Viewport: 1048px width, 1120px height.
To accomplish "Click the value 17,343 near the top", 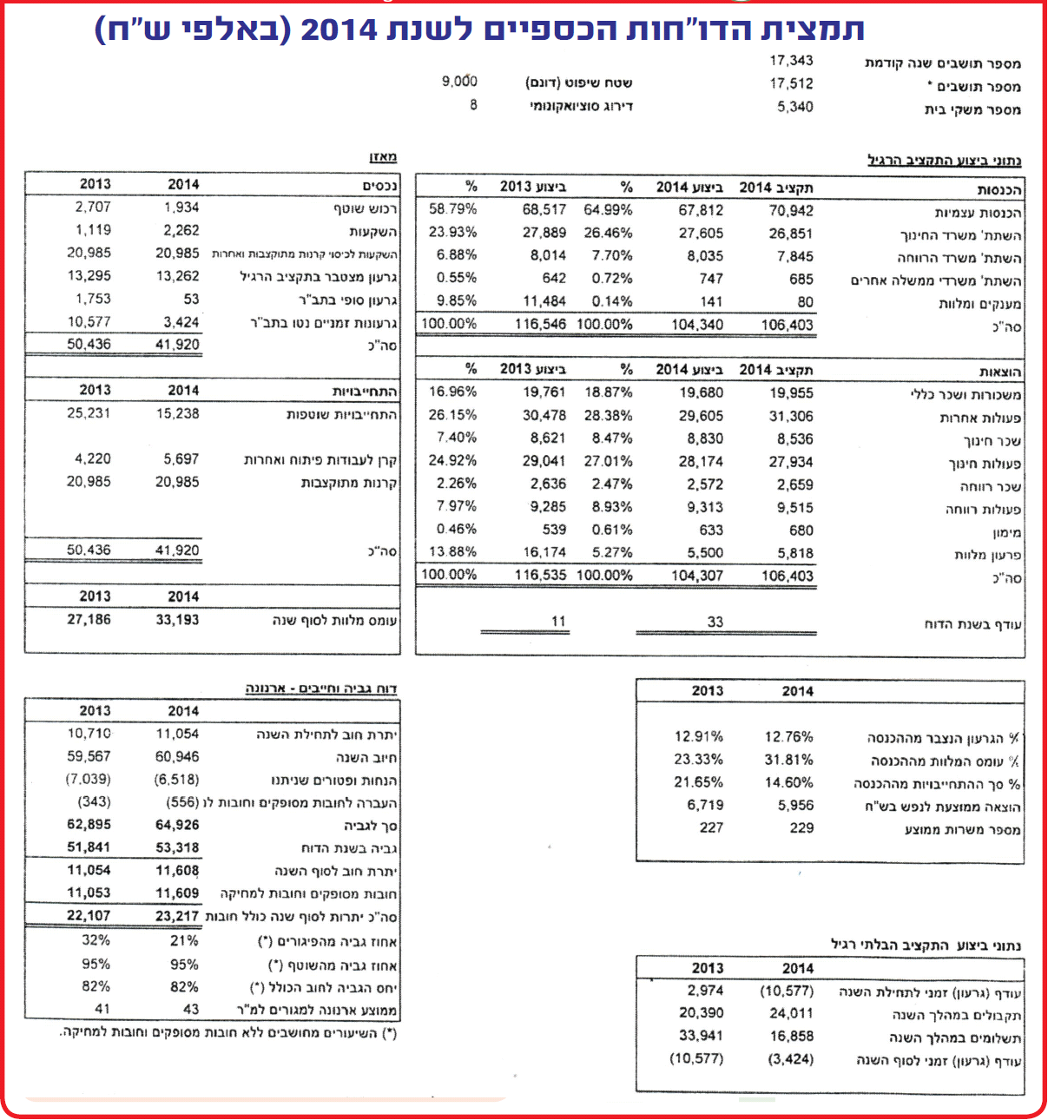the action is pos(791,61).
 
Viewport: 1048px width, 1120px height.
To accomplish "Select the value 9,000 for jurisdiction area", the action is pos(459,82).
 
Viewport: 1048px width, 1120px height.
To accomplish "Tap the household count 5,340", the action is pos(794,107).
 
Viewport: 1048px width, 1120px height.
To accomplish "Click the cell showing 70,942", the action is pos(791,210).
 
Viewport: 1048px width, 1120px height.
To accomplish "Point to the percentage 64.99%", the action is pos(608,210).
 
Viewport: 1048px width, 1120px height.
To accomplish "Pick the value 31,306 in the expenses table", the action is pos(791,416).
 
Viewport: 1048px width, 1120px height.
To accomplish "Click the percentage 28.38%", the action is pos(608,416).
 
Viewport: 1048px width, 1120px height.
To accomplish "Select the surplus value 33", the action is pos(715,622).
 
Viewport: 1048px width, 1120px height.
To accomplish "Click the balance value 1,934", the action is pos(181,208).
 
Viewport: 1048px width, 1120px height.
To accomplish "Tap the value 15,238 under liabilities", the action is pos(177,413).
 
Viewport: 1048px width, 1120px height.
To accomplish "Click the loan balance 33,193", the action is pos(177,620).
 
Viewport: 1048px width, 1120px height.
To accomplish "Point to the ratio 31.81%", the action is pos(788,760).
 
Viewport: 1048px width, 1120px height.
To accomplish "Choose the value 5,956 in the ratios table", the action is pos(795,805).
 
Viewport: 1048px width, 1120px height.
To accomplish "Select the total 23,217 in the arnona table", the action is pos(177,916).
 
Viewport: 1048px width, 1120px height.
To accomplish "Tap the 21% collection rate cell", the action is pos(184,940).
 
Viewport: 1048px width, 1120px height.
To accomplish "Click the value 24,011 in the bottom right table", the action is pos(791,1013).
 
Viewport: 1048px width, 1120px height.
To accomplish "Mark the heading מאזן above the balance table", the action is pos(383,157).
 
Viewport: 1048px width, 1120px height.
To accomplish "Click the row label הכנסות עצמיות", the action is pos(978,213).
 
